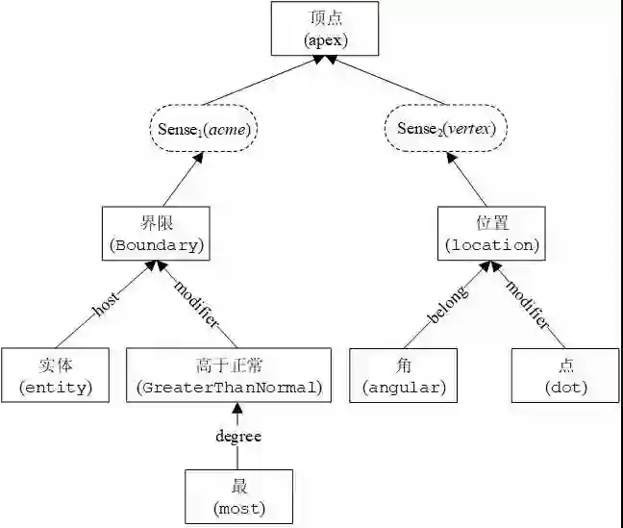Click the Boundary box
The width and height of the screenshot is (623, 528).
[x=157, y=233]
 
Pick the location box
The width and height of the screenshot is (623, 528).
[x=489, y=233]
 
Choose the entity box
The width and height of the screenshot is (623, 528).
[x=56, y=375]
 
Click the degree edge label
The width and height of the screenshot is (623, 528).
[x=238, y=436]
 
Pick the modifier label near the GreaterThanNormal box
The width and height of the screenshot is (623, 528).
[x=197, y=303]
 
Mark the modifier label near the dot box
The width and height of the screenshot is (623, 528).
[x=528, y=305]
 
